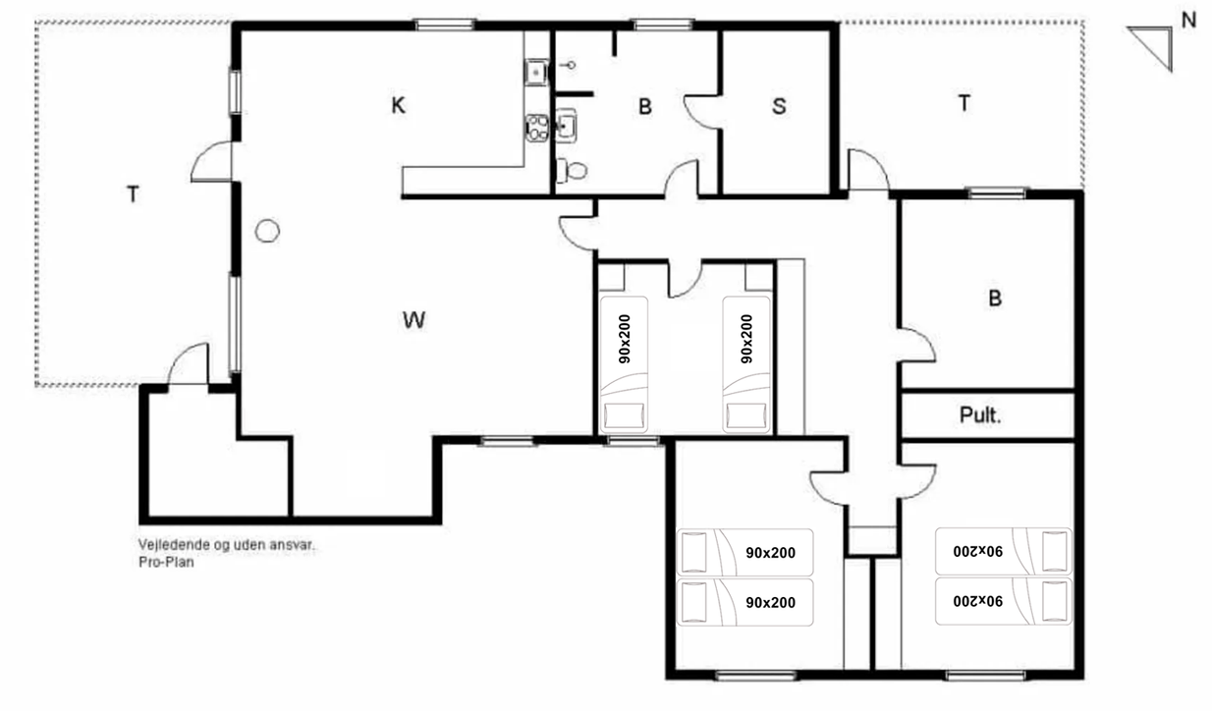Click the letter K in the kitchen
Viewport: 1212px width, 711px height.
(x=398, y=105)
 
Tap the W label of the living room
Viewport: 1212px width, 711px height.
(x=413, y=320)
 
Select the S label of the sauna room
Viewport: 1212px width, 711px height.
(x=779, y=106)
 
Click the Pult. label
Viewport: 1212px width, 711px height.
(x=980, y=415)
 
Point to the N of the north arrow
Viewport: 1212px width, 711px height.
(x=1188, y=21)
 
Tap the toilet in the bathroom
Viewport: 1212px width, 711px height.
(x=572, y=171)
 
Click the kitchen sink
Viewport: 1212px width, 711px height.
(x=536, y=73)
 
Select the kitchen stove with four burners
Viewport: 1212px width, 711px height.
(x=537, y=129)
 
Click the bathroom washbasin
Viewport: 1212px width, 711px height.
(x=566, y=126)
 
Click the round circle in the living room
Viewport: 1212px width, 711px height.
(x=267, y=231)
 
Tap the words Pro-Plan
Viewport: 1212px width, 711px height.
(x=166, y=562)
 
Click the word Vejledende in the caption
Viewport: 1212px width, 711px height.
(x=174, y=544)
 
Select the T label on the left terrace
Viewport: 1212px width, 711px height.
(x=133, y=193)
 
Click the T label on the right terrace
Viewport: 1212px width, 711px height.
(x=964, y=103)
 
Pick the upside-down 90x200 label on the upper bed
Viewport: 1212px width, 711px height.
(x=978, y=551)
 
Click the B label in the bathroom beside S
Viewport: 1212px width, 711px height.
(x=644, y=107)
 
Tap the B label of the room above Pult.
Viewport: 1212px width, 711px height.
(x=995, y=299)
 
